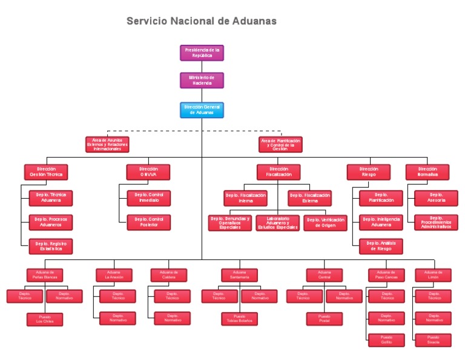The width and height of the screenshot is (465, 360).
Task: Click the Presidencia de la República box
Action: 202,53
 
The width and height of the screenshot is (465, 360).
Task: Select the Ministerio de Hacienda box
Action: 202,81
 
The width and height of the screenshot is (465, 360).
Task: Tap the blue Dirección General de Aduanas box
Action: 202,110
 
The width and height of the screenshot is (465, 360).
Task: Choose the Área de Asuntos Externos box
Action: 107,144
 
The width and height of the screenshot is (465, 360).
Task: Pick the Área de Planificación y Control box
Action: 280,144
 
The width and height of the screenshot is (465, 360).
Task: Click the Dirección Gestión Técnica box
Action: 46,172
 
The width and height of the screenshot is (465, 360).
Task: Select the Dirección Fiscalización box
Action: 279,172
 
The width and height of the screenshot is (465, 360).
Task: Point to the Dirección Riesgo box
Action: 368,172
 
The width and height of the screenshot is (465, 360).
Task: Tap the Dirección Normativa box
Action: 427,172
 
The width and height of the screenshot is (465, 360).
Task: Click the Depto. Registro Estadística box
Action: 51,246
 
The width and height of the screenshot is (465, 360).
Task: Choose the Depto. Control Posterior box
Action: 149,222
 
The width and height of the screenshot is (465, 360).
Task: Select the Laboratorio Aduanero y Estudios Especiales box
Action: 277,223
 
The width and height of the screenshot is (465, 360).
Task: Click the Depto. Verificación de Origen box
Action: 325,223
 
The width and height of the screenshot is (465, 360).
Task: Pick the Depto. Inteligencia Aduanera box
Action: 381,222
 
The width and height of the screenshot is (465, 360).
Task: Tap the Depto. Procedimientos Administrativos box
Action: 436,222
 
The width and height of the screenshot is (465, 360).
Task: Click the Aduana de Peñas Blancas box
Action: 45,275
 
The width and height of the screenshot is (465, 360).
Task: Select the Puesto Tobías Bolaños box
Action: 240,318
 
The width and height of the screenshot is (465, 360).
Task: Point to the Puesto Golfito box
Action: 386,340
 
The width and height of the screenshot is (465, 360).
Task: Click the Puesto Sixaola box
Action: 434,340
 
